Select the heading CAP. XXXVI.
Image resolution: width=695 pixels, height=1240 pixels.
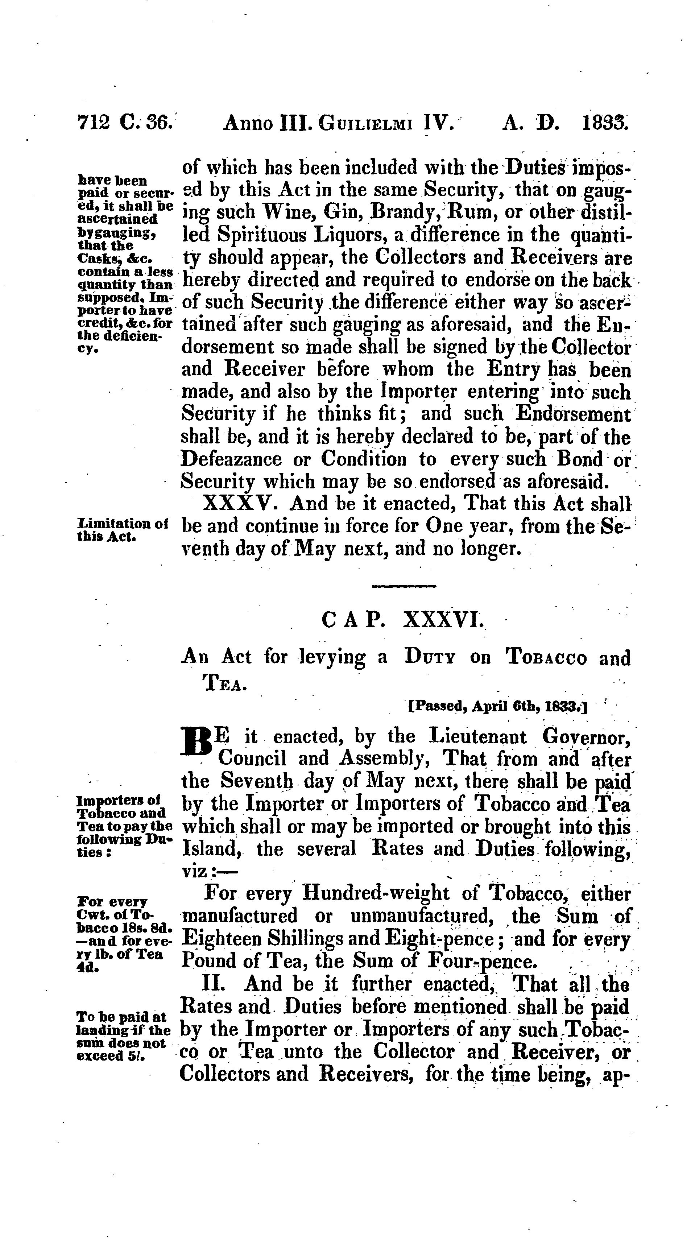pyautogui.click(x=403, y=621)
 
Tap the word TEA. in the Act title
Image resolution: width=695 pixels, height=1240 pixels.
pyautogui.click(x=224, y=683)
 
